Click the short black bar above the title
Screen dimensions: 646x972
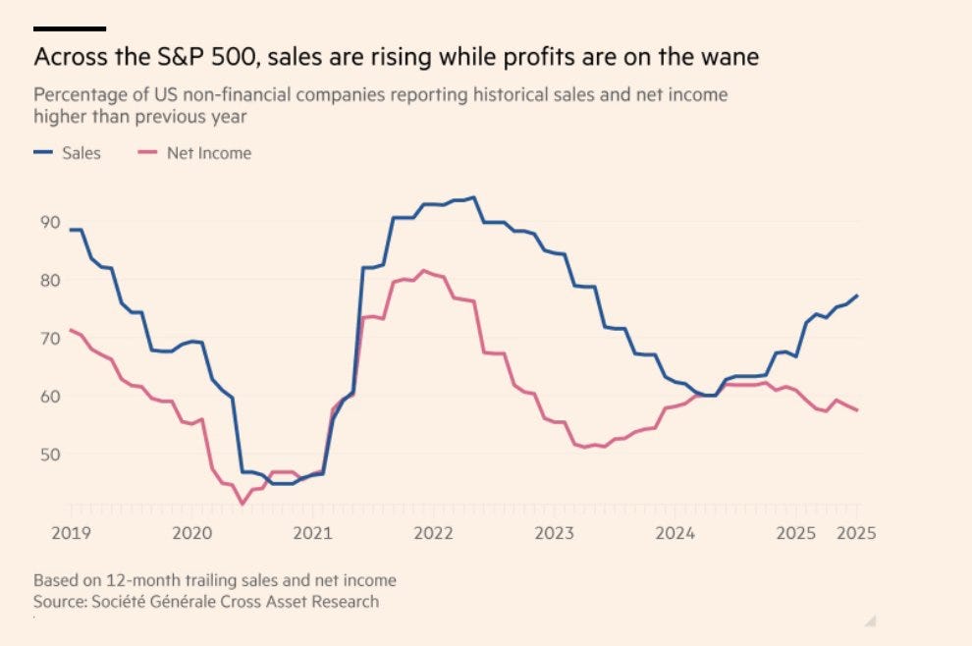coord(70,28)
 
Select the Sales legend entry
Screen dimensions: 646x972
coord(67,153)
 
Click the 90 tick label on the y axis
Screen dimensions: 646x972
coord(50,222)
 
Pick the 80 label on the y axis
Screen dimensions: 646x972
coord(50,280)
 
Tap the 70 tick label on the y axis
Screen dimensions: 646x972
coord(50,338)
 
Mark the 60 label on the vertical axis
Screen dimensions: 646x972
coord(50,396)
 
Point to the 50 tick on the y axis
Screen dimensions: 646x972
coord(50,454)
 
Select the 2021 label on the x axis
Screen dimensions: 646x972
coord(313,534)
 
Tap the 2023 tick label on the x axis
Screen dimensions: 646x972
coord(555,534)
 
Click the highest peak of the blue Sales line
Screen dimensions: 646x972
coord(474,197)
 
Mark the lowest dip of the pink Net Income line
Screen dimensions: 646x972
coord(243,504)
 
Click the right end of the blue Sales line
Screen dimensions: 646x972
coord(856,296)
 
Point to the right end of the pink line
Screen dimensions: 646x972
coord(856,410)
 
